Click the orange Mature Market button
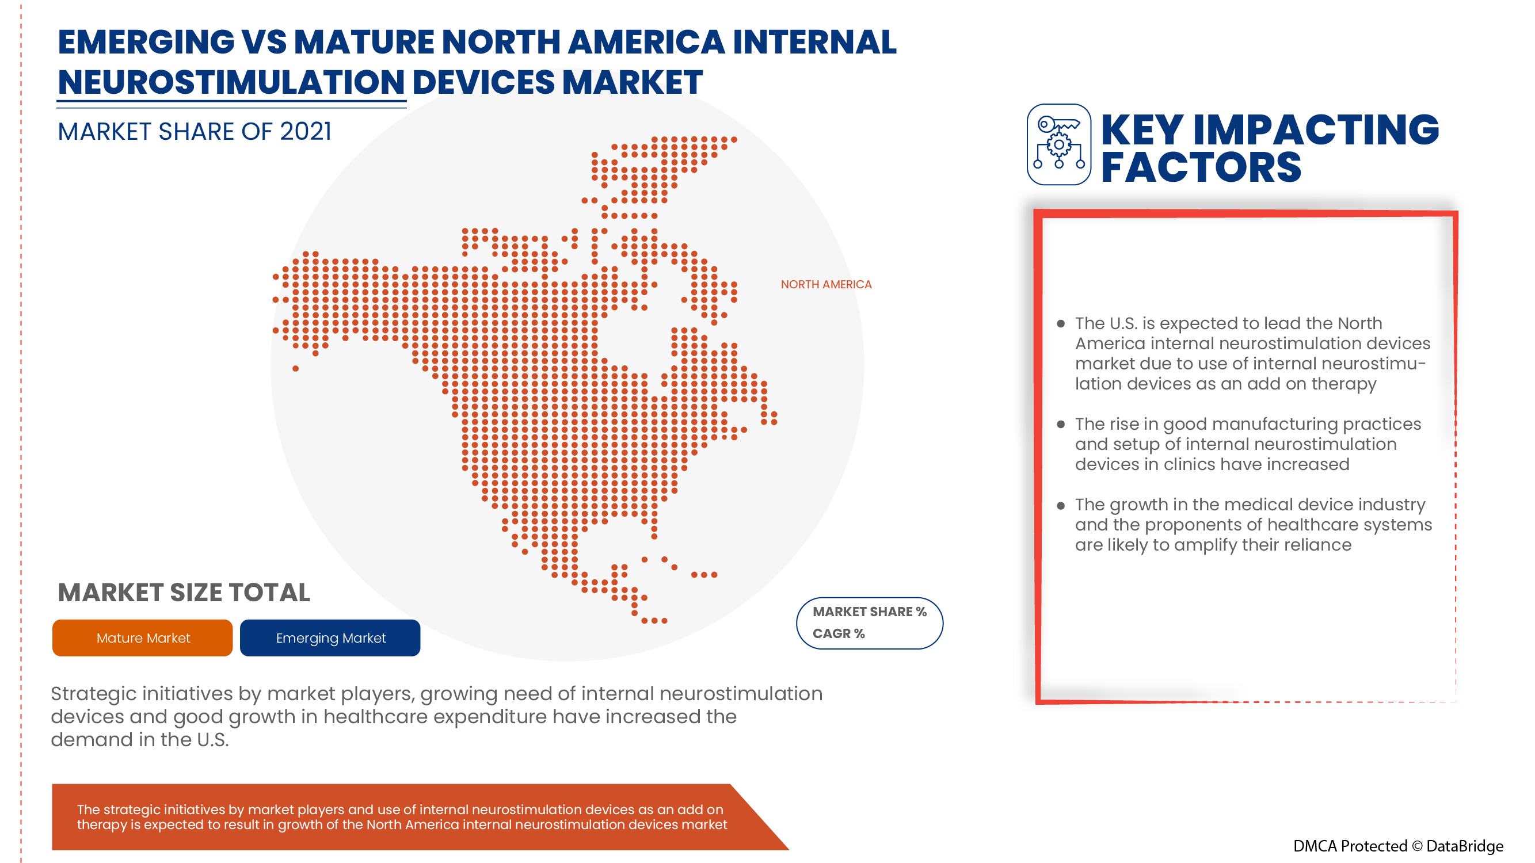point(142,638)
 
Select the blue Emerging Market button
point(330,638)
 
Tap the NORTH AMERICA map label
point(826,285)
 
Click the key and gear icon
point(1058,144)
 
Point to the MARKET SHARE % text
point(870,612)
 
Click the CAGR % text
point(839,633)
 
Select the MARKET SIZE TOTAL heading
point(184,593)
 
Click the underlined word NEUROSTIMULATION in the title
point(231,82)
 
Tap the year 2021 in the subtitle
point(306,132)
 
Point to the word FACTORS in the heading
point(1201,167)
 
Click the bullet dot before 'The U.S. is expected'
point(1061,324)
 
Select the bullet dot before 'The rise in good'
point(1061,425)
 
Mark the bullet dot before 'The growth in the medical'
point(1061,506)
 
